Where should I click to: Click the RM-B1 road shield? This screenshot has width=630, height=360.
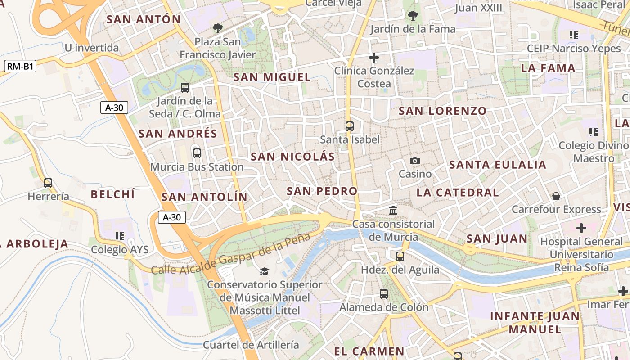click(21, 67)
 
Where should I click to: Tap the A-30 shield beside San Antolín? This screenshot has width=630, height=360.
click(171, 217)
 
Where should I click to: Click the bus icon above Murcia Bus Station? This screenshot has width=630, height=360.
click(197, 153)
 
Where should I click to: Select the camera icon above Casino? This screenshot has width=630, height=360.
click(415, 161)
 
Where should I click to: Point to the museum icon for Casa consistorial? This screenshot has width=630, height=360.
click(393, 210)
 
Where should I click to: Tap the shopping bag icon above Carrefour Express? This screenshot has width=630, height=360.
click(556, 196)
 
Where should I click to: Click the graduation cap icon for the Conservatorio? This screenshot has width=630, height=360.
click(264, 271)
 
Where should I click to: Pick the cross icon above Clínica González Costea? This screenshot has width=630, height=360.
click(373, 58)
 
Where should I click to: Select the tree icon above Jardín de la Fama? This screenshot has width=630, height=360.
click(413, 16)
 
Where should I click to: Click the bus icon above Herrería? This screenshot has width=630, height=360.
click(48, 183)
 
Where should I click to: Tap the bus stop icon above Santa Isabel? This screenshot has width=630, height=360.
click(350, 126)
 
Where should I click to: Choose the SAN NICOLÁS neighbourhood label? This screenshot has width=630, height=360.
click(292, 157)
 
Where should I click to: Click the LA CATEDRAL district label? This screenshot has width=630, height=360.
click(457, 193)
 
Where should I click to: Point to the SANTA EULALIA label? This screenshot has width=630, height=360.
click(498, 165)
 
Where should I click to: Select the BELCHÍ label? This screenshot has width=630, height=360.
click(112, 194)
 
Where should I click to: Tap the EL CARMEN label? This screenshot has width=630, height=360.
click(369, 351)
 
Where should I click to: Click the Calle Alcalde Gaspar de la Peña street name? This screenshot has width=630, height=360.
click(230, 255)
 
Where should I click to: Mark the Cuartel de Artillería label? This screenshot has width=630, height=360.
click(251, 345)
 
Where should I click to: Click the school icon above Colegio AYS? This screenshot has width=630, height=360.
click(119, 236)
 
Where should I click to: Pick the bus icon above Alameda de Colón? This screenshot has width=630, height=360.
click(384, 294)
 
